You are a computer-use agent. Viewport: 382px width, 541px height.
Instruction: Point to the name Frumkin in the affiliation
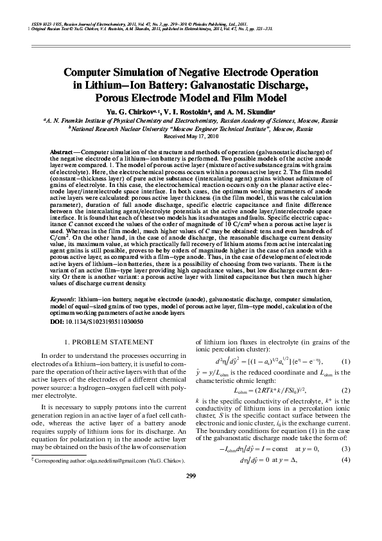click(73, 120)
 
